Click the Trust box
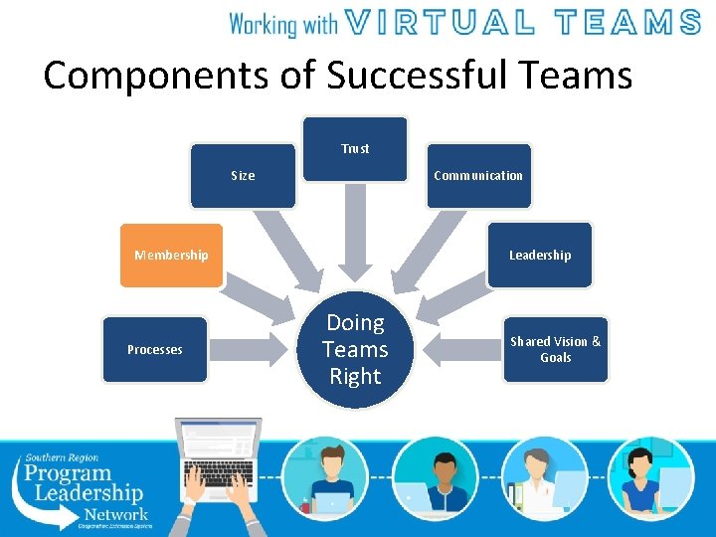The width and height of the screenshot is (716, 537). click(355, 149)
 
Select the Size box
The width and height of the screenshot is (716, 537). click(243, 176)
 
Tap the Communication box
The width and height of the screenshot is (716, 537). click(478, 176)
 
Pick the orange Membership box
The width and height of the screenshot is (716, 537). click(171, 256)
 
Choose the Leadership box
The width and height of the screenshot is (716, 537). click(540, 256)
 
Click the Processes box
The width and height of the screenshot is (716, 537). click(154, 349)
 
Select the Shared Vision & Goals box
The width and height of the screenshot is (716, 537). click(555, 349)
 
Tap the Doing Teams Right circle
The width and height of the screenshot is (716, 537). click(355, 350)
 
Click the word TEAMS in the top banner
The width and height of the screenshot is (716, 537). click(626, 22)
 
